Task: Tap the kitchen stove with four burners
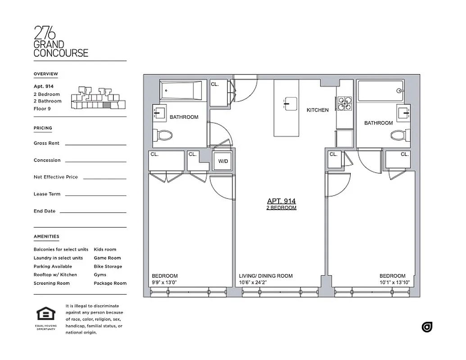[x=344, y=103]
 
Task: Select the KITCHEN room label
[x=317, y=110]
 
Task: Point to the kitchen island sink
[x=287, y=104]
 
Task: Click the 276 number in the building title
[x=45, y=33]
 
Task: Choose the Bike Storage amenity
[x=108, y=266]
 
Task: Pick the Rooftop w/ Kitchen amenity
[x=55, y=274]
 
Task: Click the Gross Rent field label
[x=46, y=143]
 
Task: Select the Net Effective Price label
[x=55, y=177]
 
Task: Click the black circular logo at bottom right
[x=427, y=327]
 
